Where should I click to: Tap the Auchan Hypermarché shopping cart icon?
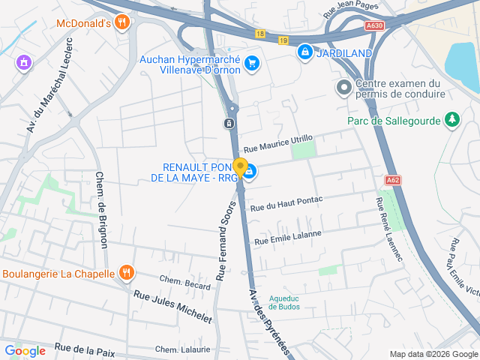coord(253,63)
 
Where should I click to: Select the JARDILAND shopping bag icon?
coord(304,52)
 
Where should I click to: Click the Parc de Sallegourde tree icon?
coord(451,118)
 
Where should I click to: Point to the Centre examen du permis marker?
coord(343,88)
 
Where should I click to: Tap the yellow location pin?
coord(240,167)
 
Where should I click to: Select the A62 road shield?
coord(393,180)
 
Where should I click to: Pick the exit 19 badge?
coord(283,40)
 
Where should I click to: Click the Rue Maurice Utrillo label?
coord(277,142)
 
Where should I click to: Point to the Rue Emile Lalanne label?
coord(288,237)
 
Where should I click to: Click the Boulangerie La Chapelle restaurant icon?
coord(126,273)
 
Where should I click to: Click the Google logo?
coord(25,350)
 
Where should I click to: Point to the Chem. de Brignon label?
coord(102,209)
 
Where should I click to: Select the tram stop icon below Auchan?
coord(229,123)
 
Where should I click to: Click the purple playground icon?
coord(24,62)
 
